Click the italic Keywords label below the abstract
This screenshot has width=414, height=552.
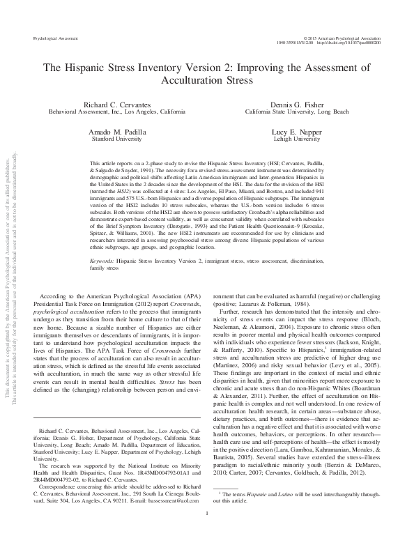tap(103, 261)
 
